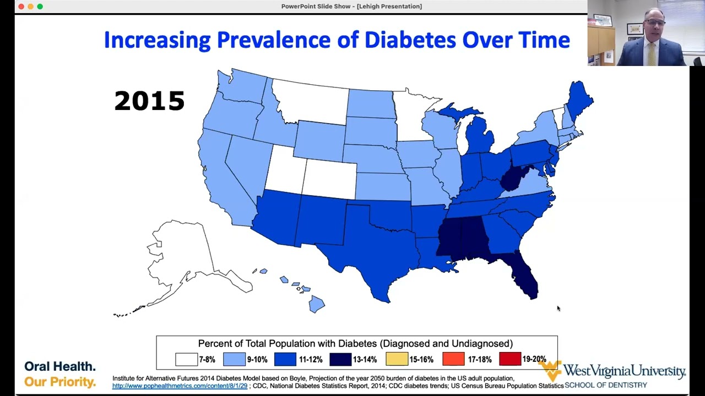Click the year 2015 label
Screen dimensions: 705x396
point(149,101)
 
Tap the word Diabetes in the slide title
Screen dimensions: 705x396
point(410,40)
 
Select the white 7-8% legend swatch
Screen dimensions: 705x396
point(186,359)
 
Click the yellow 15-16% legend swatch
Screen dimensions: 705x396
point(397,359)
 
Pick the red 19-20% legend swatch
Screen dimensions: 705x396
point(510,359)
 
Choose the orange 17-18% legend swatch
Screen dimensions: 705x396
point(453,359)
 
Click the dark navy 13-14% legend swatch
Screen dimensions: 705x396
point(340,359)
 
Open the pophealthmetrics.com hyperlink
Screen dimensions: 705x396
point(180,386)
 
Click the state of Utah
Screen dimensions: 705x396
point(285,171)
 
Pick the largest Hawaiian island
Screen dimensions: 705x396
point(316,304)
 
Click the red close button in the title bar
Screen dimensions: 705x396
point(21,6)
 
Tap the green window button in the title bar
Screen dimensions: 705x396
point(40,6)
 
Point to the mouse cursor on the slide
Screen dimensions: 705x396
point(558,309)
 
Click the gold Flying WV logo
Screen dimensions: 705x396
point(550,370)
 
